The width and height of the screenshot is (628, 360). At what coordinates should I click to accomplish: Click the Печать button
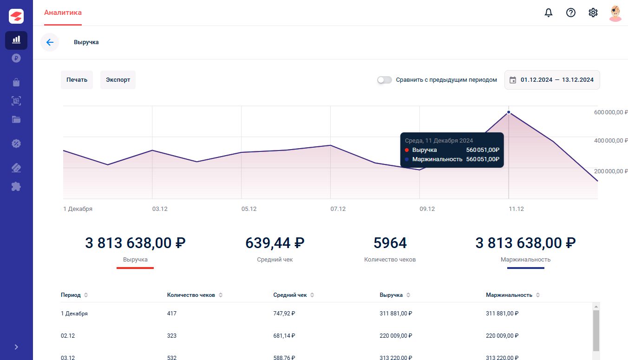[x=77, y=80]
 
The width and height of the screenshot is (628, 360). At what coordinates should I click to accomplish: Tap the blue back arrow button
[x=50, y=42]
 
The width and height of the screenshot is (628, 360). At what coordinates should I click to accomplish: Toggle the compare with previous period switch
[x=384, y=80]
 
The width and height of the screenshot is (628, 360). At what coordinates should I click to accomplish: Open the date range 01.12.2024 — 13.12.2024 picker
[x=552, y=80]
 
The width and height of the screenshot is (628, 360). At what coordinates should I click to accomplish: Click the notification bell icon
[x=549, y=13]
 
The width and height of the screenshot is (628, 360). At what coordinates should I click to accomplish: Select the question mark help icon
[x=570, y=13]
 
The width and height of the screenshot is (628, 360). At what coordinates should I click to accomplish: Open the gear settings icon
[x=593, y=13]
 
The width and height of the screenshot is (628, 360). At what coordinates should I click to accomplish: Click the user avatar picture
[x=615, y=13]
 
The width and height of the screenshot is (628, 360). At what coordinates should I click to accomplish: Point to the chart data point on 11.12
[x=509, y=112]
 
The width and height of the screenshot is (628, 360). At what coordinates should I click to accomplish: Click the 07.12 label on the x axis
[x=338, y=209]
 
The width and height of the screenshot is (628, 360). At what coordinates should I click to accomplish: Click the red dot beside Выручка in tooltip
[x=407, y=150]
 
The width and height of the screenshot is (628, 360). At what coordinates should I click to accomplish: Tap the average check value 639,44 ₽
[x=275, y=243]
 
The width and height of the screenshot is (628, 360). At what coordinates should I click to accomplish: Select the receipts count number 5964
[x=390, y=243]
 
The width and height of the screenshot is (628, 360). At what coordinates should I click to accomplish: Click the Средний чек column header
[x=290, y=295]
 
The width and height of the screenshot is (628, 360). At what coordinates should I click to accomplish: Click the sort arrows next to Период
[x=86, y=295]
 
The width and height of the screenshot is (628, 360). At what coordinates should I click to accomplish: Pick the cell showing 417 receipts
[x=171, y=314]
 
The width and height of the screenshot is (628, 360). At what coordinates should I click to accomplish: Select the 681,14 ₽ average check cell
[x=284, y=335]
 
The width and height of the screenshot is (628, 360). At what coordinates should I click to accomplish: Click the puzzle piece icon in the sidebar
[x=16, y=186]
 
